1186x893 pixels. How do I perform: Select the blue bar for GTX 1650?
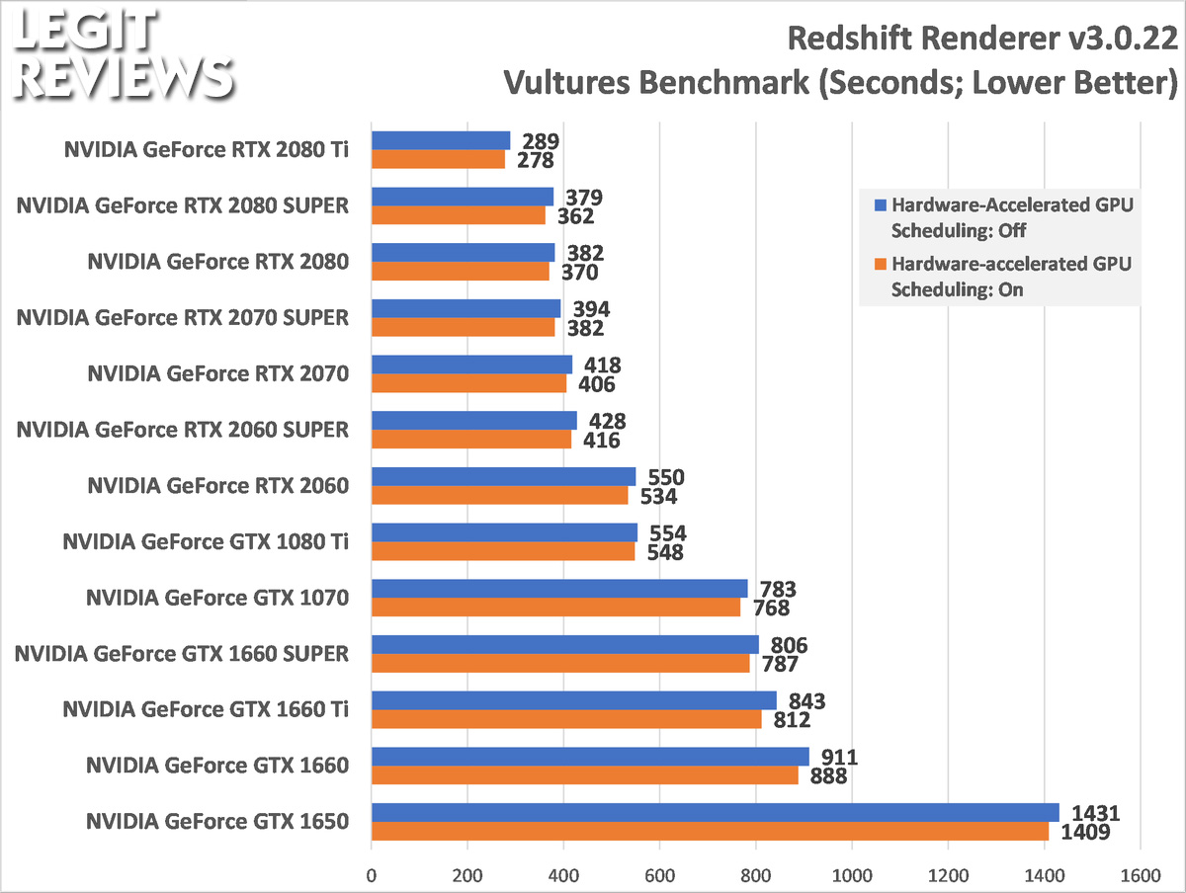click(715, 812)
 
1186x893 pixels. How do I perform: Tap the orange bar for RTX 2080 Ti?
click(438, 159)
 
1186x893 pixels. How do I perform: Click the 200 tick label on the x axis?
click(466, 874)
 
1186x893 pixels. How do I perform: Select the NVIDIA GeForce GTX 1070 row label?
click(217, 598)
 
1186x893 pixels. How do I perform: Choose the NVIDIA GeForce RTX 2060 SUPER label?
click(183, 430)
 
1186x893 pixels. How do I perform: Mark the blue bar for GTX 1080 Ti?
click(504, 532)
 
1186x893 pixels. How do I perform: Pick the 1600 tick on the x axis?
click(1140, 874)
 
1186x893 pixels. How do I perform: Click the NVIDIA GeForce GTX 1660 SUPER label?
click(183, 653)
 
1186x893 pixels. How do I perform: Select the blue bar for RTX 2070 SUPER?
click(466, 308)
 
